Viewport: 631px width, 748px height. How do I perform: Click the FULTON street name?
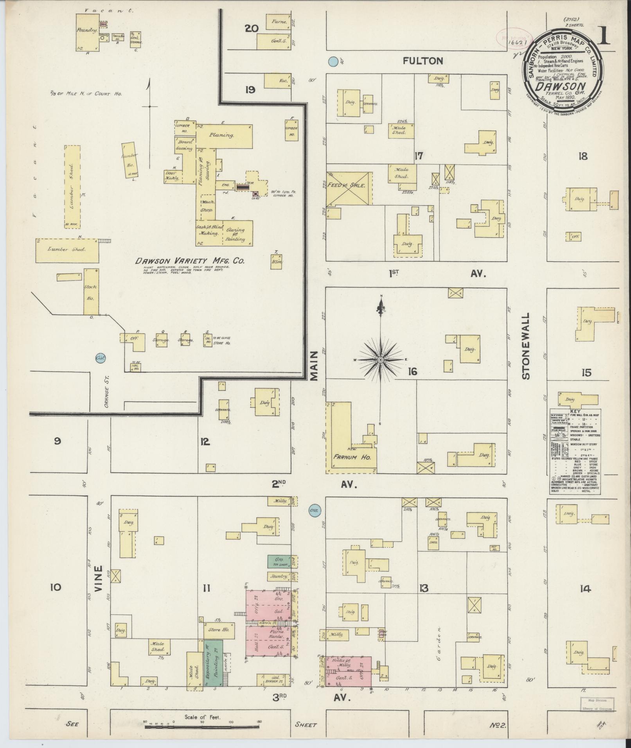[x=424, y=61]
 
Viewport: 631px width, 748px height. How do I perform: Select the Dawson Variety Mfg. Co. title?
[x=190, y=261]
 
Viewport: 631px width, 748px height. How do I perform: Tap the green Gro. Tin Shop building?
[x=279, y=561]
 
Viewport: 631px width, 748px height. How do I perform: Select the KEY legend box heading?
[x=575, y=412]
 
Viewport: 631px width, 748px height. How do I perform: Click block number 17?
[x=419, y=156]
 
